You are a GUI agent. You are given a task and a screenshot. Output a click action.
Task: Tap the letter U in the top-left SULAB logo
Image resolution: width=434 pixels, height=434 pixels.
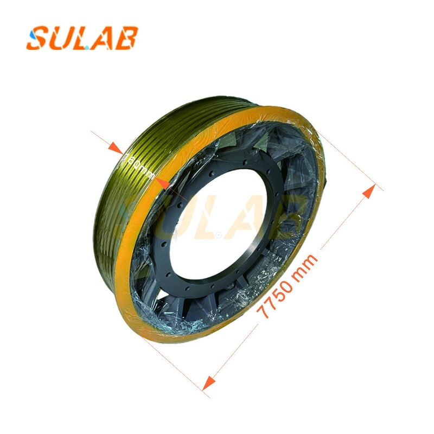pos(61,38)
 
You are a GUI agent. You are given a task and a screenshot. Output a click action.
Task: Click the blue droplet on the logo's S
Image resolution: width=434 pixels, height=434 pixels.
pos(35,34)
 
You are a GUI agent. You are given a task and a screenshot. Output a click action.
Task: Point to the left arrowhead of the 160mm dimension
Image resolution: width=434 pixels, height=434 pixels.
pos(114,148)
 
